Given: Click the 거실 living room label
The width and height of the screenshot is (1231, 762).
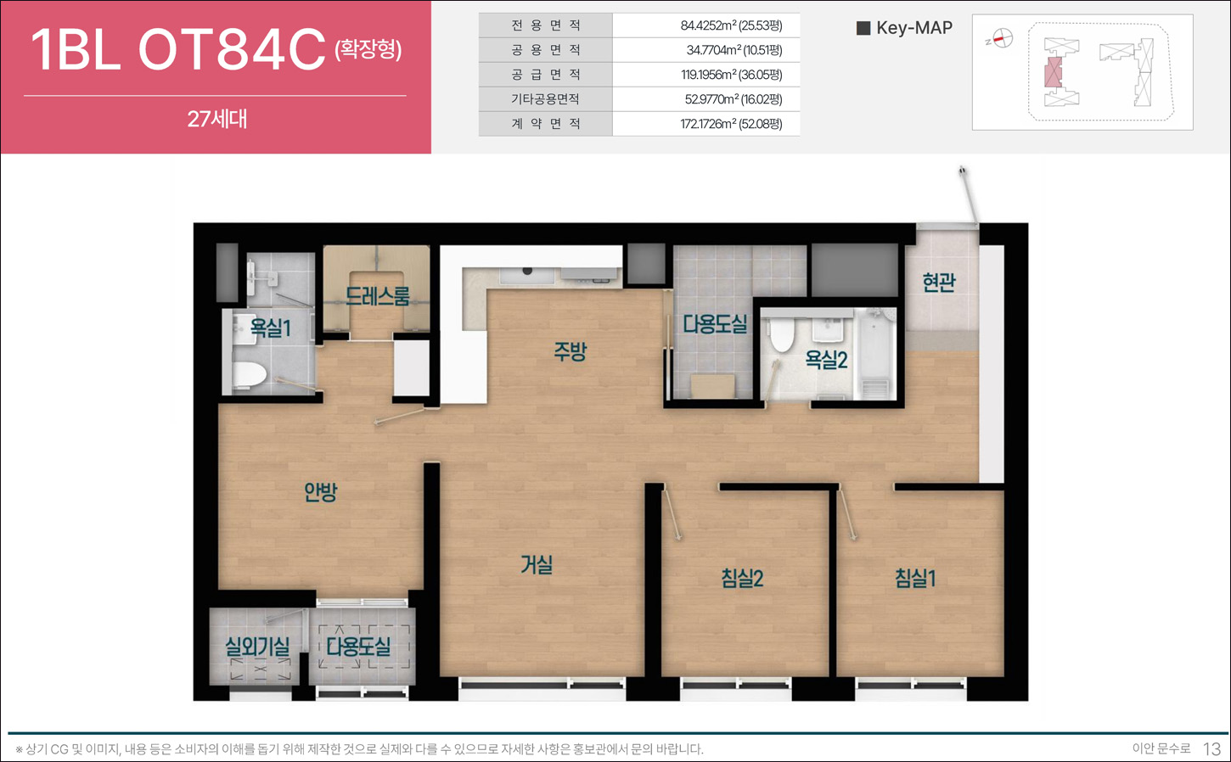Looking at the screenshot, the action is click(537, 564).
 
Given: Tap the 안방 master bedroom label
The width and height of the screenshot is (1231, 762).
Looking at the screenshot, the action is click(320, 491).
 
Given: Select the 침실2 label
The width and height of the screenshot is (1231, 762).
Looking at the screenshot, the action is click(742, 578).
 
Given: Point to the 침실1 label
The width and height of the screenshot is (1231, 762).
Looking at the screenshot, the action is click(915, 578).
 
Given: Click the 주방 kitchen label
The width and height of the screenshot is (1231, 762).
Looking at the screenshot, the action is click(570, 351).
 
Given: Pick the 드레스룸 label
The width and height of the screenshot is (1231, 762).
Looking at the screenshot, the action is click(378, 296).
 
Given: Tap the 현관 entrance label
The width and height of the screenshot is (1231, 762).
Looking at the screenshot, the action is click(939, 283).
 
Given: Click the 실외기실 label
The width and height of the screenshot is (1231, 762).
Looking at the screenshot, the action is click(257, 647).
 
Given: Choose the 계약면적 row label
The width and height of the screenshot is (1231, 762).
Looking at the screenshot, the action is click(546, 124).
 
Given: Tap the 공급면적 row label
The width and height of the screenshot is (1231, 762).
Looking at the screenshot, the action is click(546, 74).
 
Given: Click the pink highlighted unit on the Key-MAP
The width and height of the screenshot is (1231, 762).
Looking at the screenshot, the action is click(1053, 72).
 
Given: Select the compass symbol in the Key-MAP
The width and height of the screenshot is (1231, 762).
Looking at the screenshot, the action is click(1003, 38).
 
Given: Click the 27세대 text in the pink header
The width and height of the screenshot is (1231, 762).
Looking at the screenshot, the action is click(217, 119).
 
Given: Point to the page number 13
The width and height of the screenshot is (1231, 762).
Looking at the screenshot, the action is click(1211, 748).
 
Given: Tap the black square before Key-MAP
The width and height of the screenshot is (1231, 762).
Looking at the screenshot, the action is click(863, 28).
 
